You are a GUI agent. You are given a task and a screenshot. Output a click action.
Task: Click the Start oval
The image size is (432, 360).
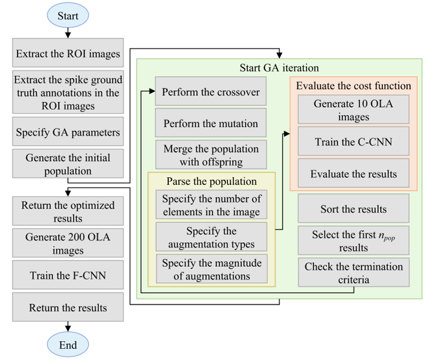tap(68, 16)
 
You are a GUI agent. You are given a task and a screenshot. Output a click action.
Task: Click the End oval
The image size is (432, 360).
tap(68, 345)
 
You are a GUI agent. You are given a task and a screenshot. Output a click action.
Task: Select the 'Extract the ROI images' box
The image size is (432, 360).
tap(68, 54)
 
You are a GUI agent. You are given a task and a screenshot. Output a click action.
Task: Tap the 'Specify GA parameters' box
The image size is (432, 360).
tap(68, 133)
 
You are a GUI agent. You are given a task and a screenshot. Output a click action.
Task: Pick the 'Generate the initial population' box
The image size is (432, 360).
tap(68, 164)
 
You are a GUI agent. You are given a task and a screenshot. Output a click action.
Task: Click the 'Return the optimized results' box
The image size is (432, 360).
tap(68, 212)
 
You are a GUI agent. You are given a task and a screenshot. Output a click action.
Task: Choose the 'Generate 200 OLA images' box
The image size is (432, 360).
tap(68, 244)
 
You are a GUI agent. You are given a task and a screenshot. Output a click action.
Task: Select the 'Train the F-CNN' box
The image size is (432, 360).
tap(68, 276)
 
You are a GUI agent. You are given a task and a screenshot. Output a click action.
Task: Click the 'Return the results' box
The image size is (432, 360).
tap(68, 308)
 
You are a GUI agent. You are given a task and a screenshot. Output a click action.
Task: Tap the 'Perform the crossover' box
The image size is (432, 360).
tap(211, 92)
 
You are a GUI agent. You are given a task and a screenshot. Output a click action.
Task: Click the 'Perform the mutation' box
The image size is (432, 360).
tap(211, 123)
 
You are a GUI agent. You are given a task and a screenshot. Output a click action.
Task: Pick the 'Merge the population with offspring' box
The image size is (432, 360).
tap(211, 155)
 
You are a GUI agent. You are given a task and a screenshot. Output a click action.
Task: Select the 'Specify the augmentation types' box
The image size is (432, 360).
tap(211, 238)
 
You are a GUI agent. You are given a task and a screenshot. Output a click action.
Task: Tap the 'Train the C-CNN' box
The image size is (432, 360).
tap(354, 142)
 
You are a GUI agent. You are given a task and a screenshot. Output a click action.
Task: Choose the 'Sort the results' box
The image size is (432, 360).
tap(354, 209)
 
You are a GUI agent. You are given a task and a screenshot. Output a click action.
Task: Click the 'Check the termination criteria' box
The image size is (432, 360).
tap(354, 273)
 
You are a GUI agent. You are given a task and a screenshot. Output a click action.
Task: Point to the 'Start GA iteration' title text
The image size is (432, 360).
tap(279, 68)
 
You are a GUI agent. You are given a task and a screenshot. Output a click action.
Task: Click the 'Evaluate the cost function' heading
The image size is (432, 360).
tap(354, 86)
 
